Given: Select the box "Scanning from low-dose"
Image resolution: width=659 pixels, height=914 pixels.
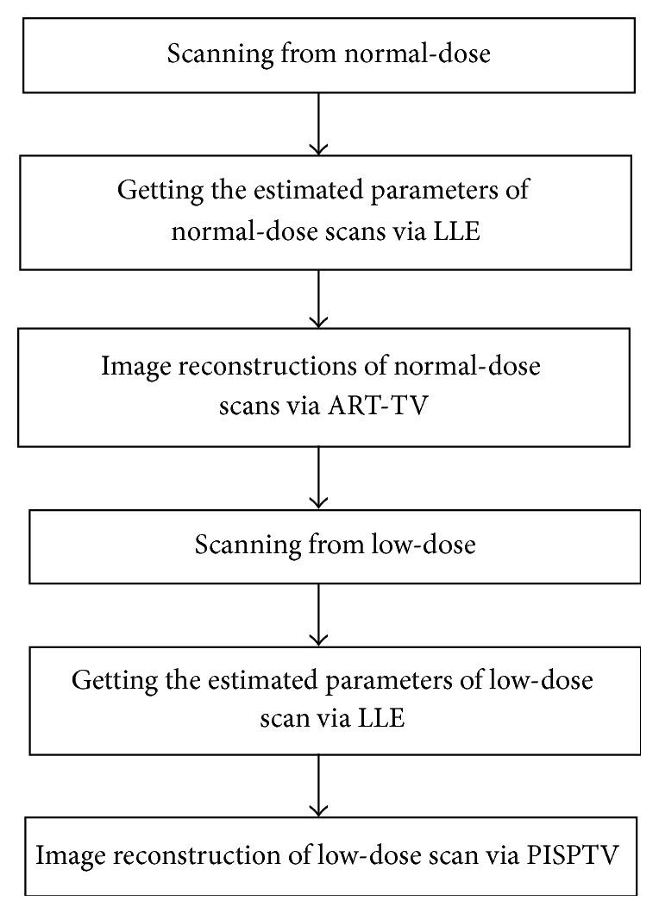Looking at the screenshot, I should (x=335, y=547).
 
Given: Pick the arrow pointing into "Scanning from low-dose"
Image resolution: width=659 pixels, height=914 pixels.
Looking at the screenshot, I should (x=320, y=477).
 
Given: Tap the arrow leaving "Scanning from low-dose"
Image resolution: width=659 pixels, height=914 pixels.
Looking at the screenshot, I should (x=320, y=615).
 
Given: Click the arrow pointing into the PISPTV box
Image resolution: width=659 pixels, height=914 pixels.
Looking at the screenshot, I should (x=320, y=785).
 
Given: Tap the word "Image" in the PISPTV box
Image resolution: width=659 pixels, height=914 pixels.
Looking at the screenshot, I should (x=64, y=858).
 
